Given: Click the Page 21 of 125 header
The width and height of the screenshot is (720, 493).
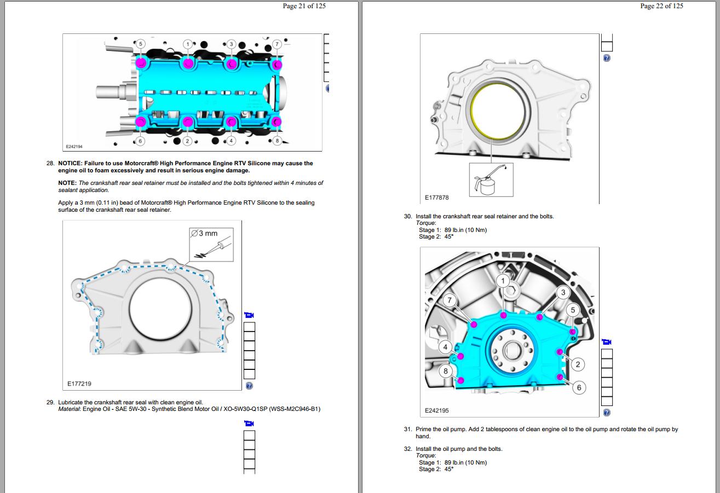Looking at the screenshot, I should tap(304, 6).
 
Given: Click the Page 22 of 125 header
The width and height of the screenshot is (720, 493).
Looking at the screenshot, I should tap(661, 6).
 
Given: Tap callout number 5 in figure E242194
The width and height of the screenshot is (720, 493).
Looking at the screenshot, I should tap(140, 44).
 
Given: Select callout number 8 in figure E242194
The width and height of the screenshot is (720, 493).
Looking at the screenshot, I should tap(277, 141).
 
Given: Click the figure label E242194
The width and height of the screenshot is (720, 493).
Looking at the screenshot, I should tap(74, 147).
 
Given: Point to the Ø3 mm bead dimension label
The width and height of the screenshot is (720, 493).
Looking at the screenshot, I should tap(204, 234).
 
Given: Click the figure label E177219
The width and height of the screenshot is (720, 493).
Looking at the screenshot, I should tap(79, 384).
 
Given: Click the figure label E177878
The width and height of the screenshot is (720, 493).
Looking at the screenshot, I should tap(436, 198).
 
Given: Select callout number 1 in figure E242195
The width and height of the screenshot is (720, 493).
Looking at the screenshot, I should tap(503, 281).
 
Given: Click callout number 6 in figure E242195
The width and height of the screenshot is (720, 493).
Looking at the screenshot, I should tap(579, 387).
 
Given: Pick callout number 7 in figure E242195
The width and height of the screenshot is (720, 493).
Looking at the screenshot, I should tap(450, 300).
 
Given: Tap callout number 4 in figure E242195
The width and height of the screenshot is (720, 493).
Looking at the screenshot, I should tap(446, 347).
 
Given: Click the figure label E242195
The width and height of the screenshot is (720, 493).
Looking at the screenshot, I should tap(436, 410).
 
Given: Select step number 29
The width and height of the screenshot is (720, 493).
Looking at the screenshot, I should tap(50, 402).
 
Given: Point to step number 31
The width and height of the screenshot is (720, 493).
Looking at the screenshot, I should tap(407, 430).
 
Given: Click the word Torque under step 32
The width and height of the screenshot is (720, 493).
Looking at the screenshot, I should tap(425, 456).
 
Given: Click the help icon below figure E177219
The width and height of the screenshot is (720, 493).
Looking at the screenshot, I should tap(249, 386).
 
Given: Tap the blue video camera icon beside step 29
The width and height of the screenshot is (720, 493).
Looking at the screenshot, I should tap(249, 423).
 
